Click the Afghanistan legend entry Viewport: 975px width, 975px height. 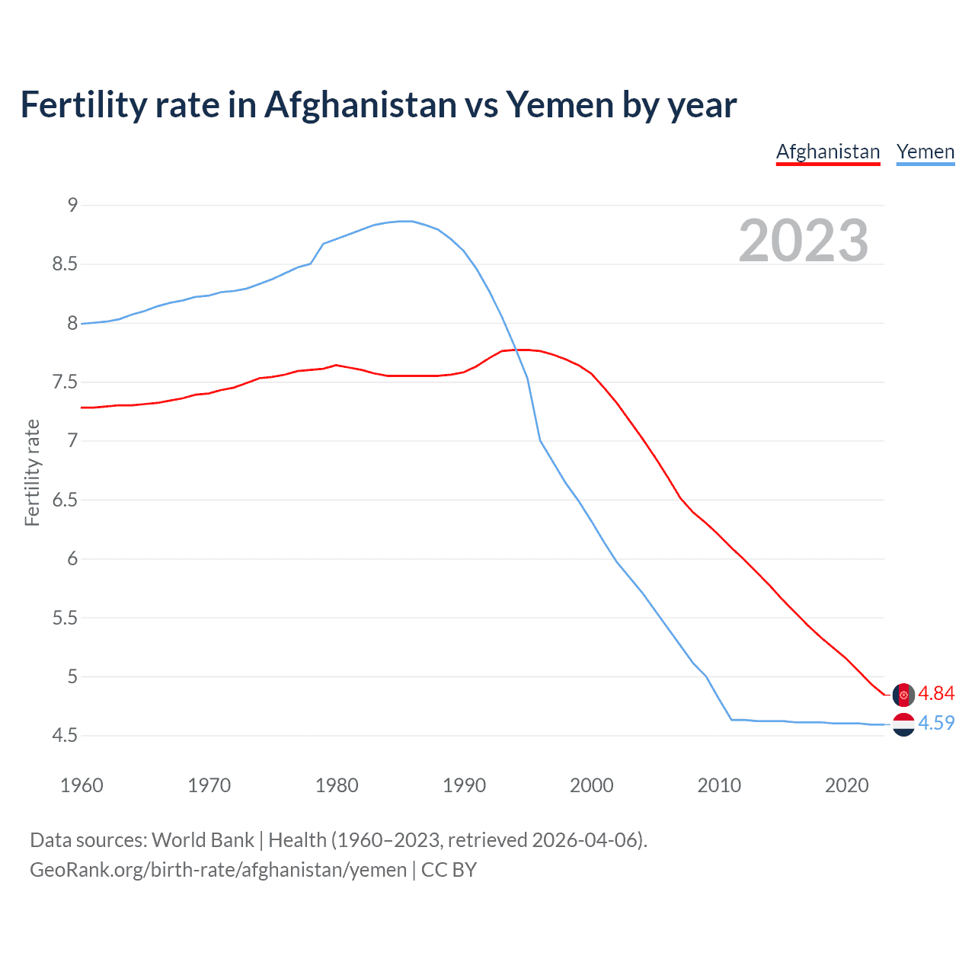click(x=828, y=152)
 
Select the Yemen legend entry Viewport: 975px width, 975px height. click(x=925, y=152)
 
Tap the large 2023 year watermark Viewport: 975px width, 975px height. click(x=803, y=241)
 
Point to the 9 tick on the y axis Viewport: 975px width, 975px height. click(x=72, y=205)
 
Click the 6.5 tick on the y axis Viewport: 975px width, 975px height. click(x=65, y=500)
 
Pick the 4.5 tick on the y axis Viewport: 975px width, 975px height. click(x=65, y=736)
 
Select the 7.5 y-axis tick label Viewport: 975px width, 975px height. click(x=65, y=382)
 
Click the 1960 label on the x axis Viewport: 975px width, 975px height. click(x=82, y=785)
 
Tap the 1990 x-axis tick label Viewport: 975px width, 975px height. click(x=464, y=785)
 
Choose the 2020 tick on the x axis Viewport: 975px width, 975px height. click(x=846, y=785)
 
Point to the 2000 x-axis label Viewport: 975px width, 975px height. click(x=591, y=785)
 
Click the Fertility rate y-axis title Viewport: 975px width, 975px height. click(x=32, y=472)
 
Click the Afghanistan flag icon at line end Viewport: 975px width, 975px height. click(x=903, y=695)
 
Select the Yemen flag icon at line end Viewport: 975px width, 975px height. click(x=903, y=724)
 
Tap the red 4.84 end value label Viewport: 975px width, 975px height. click(x=936, y=693)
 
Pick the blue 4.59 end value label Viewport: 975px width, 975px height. click(x=936, y=723)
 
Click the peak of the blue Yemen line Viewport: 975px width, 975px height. click(x=406, y=221)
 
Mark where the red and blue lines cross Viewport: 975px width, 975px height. click(x=516, y=350)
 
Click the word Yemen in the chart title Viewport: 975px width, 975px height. click(x=559, y=105)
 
